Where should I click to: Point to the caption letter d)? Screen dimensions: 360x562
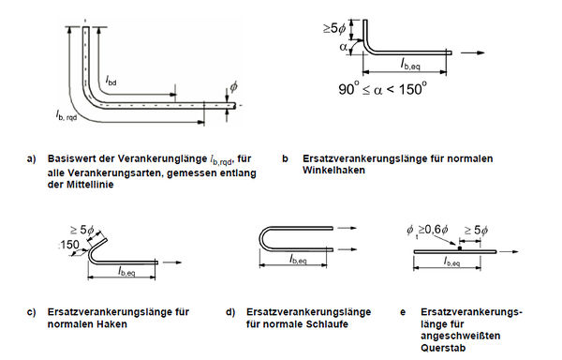point(230,312)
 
